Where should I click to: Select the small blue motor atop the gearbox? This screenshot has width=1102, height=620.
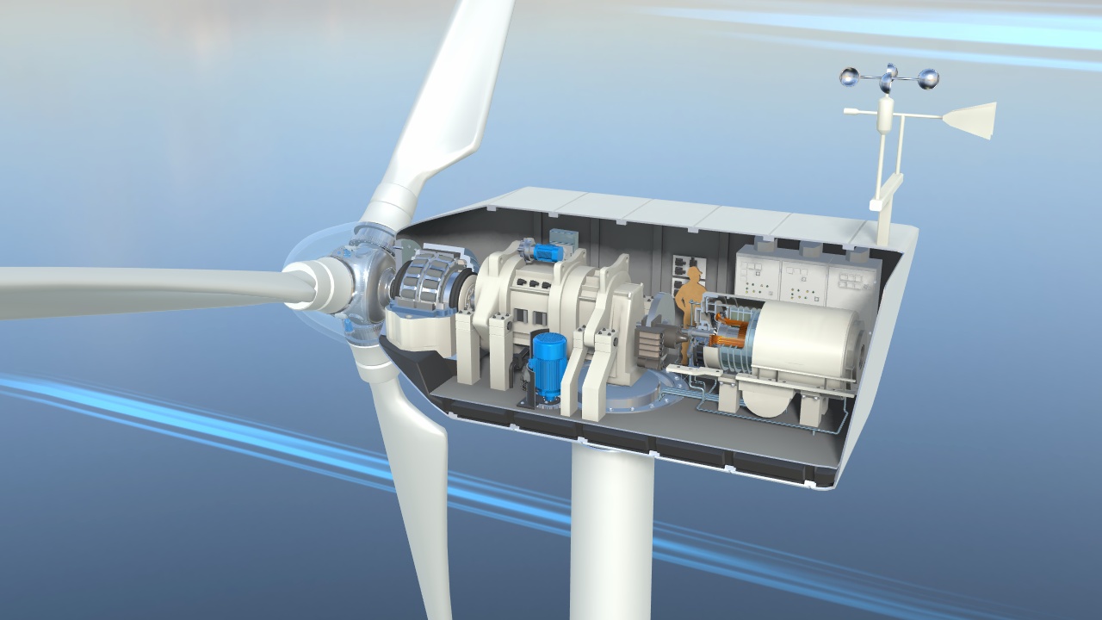tap(544, 251)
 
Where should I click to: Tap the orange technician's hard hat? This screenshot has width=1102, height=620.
tap(694, 274)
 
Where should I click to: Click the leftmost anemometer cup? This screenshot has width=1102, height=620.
tap(850, 77)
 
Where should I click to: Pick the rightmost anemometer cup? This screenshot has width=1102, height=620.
tap(928, 80)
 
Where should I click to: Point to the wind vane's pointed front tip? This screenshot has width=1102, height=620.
tap(848, 111)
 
